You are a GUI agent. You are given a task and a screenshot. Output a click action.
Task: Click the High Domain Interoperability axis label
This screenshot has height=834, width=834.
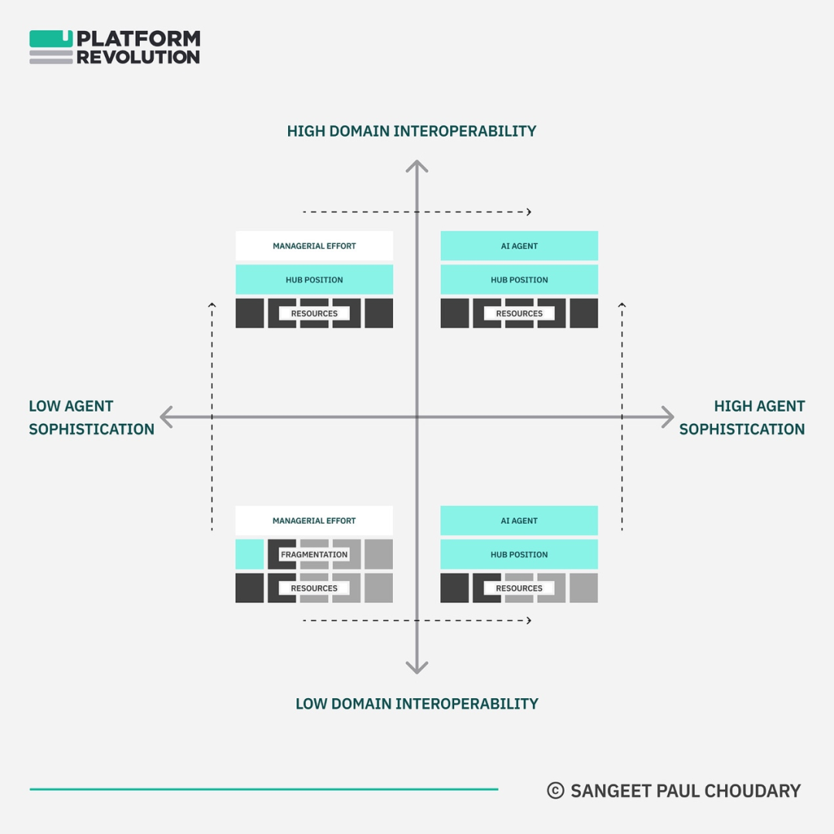[x=411, y=131]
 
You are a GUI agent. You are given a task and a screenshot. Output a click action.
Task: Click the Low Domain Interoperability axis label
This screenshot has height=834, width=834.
[x=416, y=703]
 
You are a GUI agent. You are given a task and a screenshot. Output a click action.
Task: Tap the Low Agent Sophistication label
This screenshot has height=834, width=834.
[x=91, y=418]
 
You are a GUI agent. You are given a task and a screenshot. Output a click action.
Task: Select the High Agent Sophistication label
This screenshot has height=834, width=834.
[x=742, y=418]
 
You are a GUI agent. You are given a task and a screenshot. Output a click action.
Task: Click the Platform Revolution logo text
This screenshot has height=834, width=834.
[x=138, y=47]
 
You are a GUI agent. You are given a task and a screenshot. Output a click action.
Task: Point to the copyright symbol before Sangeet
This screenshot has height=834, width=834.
[x=555, y=791]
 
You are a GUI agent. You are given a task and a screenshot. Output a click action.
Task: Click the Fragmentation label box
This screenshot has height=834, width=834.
[x=314, y=554]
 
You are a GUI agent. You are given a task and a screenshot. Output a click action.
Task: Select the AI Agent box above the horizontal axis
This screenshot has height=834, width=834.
[x=519, y=246]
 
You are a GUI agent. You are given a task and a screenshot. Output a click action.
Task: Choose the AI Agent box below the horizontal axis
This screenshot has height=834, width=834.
[x=519, y=520]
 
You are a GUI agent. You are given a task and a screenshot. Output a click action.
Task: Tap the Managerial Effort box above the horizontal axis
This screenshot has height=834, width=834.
[x=314, y=246]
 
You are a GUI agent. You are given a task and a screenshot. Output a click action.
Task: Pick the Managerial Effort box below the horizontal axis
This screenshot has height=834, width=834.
[x=314, y=520]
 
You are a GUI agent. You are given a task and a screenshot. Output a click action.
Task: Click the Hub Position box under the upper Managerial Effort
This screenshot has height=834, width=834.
[x=314, y=280]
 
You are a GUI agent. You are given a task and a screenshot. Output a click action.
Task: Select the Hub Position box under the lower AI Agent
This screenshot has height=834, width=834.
[x=519, y=554]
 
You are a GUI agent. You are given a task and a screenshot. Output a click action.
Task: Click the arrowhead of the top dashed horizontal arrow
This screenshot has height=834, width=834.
[x=529, y=212]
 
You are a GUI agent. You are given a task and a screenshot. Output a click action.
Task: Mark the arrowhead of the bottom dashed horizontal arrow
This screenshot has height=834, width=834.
[x=529, y=620]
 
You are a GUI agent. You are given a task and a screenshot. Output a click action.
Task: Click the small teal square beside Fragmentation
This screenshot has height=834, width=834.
[x=249, y=554]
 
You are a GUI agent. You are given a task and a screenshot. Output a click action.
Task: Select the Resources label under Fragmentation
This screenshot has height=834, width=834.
[x=314, y=588]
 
